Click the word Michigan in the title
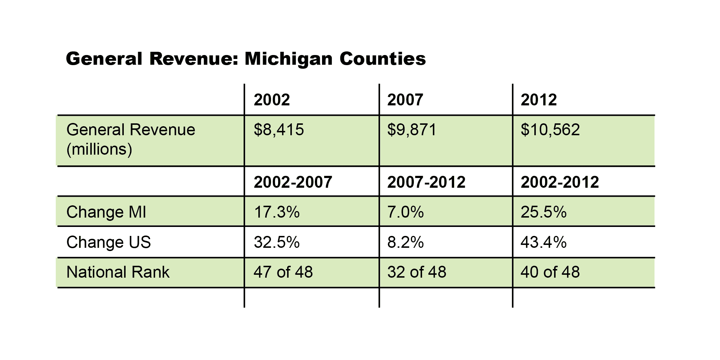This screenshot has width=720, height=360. click(288, 59)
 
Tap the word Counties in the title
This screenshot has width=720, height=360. click(382, 59)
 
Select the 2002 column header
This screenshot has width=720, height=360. click(272, 100)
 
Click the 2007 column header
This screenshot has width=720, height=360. click(405, 100)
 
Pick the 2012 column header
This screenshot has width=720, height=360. click(539, 100)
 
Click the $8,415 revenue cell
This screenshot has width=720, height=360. click(279, 130)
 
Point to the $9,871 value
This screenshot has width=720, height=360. click(412, 130)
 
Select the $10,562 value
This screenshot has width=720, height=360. click(550, 130)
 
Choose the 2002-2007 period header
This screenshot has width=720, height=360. click(293, 182)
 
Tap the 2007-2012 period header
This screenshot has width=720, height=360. click(426, 182)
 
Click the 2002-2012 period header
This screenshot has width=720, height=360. click(560, 182)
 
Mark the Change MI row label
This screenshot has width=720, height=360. click(107, 212)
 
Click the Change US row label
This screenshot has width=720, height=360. click(109, 242)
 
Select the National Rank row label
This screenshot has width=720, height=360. click(118, 272)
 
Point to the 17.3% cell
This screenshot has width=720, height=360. click(277, 212)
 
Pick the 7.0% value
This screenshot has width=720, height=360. click(406, 212)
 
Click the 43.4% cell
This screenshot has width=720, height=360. click(544, 242)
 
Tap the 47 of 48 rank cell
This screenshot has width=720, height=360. click(283, 272)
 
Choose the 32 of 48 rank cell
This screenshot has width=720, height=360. click(417, 272)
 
